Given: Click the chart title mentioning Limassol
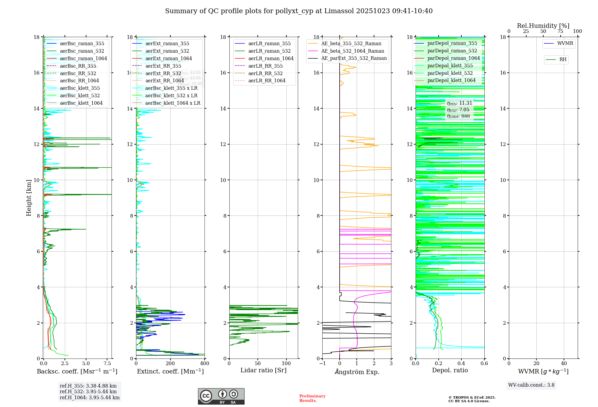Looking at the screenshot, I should (299, 11).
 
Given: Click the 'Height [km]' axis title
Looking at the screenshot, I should (29, 198).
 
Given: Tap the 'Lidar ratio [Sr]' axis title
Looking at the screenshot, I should (263, 370).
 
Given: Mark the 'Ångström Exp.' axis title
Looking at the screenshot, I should (357, 372).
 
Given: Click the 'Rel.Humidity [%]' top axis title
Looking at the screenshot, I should (543, 26).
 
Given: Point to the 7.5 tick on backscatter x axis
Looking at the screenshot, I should (107, 364).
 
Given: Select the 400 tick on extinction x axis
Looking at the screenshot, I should (205, 364).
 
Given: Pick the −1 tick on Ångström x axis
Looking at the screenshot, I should (322, 364).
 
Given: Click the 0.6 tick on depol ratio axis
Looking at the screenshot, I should (484, 364).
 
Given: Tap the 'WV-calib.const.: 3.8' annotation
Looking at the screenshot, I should (531, 385).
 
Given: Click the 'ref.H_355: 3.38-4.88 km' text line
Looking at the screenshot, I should (88, 386).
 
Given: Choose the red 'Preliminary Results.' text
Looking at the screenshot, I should (312, 398).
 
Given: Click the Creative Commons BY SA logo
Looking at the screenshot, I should (221, 396).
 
